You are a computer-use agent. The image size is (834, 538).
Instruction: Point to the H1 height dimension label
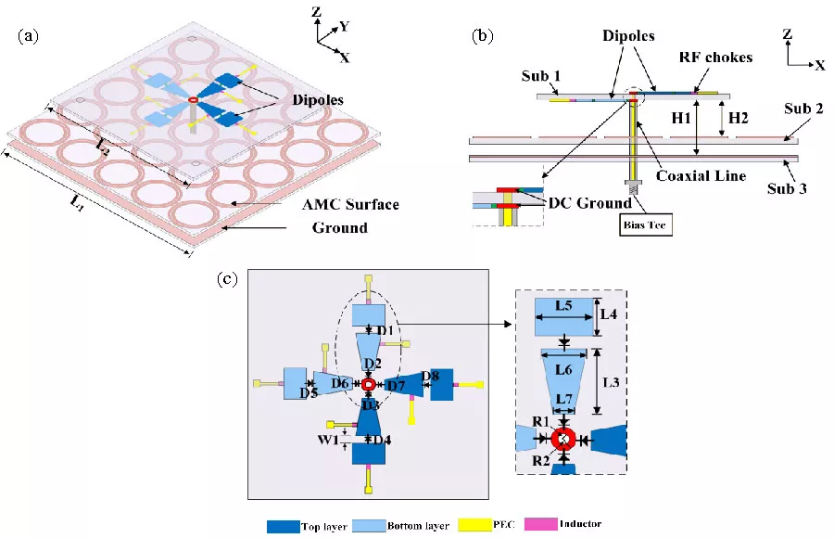click(681, 119)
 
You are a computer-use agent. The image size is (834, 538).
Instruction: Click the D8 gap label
click(430, 376)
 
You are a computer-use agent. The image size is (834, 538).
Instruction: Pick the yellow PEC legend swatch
click(471, 525)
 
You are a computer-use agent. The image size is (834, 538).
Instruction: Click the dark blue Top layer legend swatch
click(284, 526)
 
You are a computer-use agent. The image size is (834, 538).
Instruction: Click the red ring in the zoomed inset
click(563, 439)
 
